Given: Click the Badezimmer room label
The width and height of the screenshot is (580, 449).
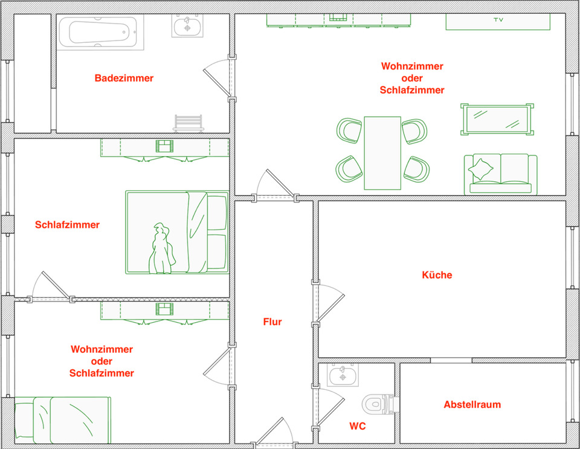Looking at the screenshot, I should [124, 78].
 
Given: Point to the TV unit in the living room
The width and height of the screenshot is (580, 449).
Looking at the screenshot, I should [498, 21].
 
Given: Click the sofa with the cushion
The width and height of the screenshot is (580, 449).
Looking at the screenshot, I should [500, 173].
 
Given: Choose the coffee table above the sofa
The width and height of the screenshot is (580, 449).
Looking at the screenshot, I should [497, 119].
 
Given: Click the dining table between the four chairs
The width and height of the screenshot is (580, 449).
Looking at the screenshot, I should [382, 152].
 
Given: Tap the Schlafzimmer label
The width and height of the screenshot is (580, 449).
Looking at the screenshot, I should [67, 225].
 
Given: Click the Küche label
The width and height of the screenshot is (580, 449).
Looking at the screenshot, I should [437, 275].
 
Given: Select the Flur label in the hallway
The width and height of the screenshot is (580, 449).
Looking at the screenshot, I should [272, 322].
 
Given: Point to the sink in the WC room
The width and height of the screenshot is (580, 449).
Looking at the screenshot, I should [343, 375].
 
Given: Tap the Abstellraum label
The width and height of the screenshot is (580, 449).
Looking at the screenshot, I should [472, 404].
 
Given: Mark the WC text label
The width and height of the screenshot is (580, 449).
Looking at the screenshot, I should [357, 426].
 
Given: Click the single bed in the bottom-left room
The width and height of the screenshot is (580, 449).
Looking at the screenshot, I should [62, 418].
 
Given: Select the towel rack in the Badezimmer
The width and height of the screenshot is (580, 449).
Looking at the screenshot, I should [188, 123].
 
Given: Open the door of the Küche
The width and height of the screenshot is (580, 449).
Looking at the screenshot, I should [329, 303].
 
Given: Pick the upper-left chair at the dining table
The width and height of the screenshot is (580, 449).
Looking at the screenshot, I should [349, 130].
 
